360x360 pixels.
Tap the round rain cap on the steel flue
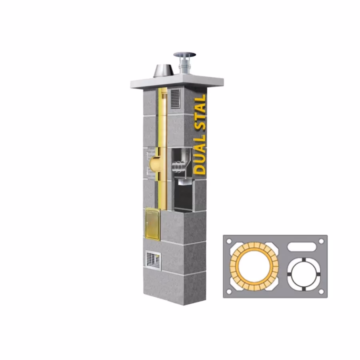(184, 55)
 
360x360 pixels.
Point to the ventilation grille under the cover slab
(176, 99)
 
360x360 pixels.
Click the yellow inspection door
(152, 224)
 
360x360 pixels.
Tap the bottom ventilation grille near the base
(153, 260)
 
